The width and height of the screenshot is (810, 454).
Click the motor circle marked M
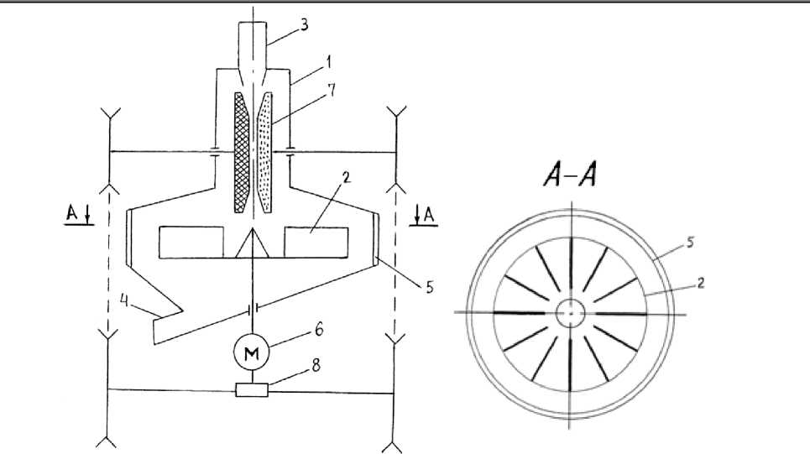coord(252,352)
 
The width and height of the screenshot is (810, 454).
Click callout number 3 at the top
coord(305,25)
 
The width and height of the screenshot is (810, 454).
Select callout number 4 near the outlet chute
coord(124,301)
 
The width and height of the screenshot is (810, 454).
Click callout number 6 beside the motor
coord(319,329)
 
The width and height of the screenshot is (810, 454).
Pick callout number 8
coord(316,365)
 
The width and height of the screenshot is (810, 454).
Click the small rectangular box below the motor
coord(252,390)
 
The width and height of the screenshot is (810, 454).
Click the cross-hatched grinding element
coord(242,153)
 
